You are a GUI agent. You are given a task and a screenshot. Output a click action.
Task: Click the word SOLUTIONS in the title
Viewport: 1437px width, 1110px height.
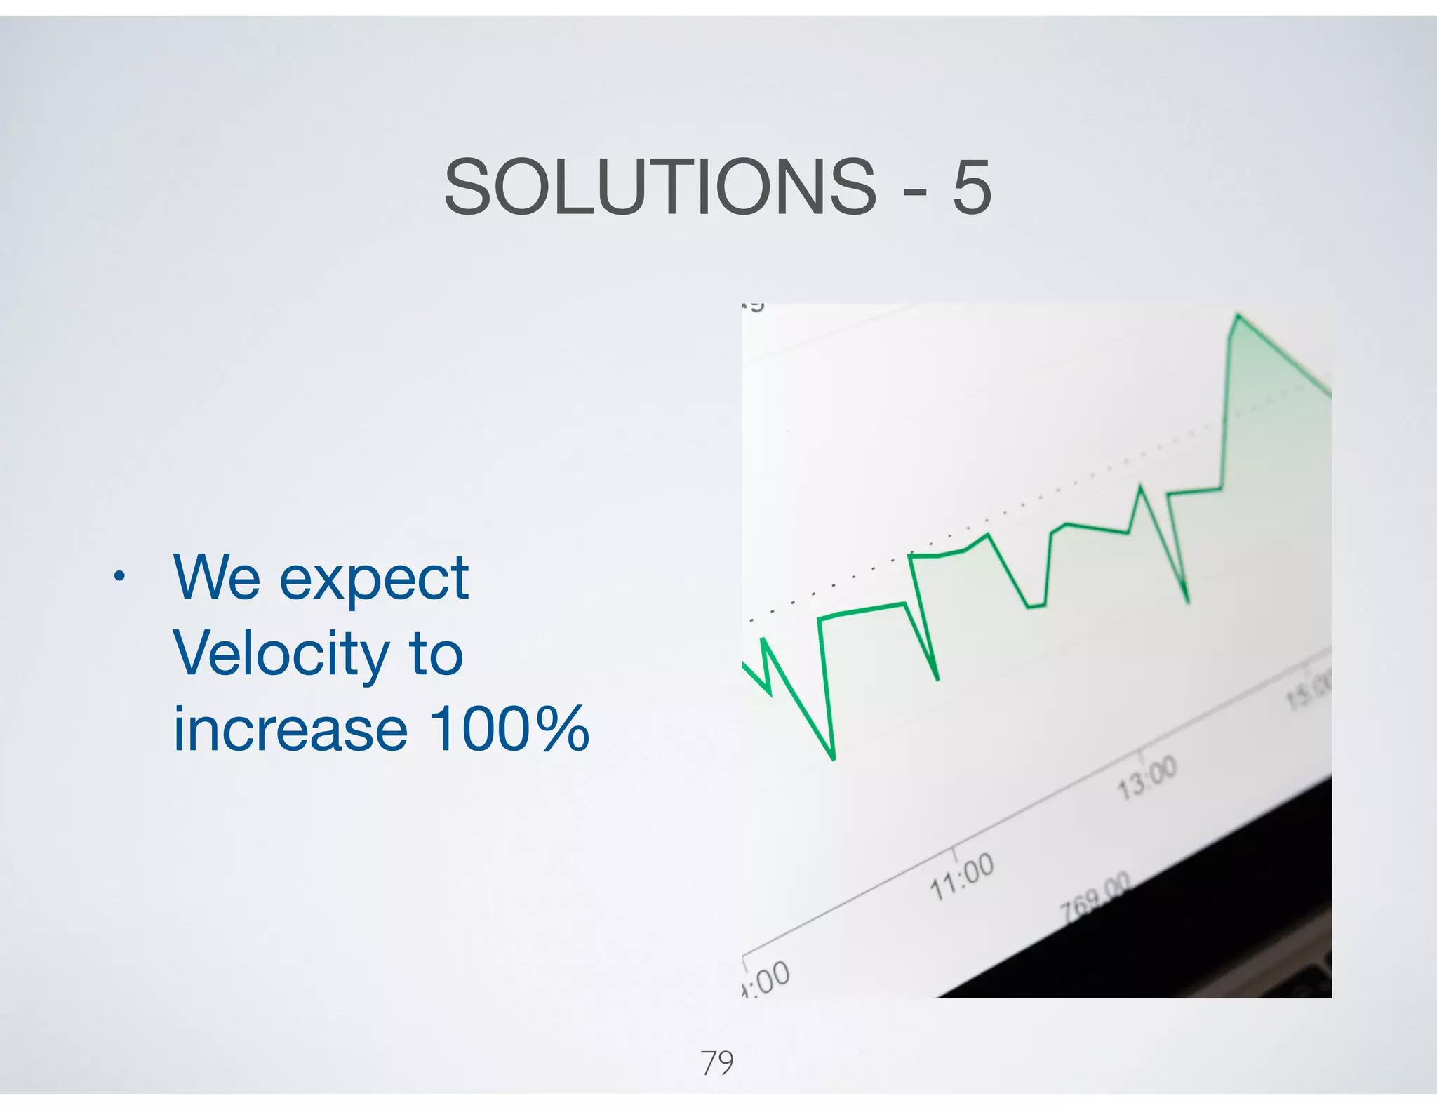click(x=660, y=187)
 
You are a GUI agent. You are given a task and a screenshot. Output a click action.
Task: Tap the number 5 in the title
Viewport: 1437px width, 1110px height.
click(x=971, y=187)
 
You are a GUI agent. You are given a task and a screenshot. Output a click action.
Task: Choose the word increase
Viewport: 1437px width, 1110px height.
click(x=290, y=730)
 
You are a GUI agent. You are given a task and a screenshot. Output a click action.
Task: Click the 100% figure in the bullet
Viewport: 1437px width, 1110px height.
click(x=509, y=730)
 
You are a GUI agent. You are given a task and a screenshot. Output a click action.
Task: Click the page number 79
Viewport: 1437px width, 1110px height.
click(x=717, y=1063)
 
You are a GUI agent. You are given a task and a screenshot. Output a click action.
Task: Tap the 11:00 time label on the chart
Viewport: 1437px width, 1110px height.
click(x=962, y=876)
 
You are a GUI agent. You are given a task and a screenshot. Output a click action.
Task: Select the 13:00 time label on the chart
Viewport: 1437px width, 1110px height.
click(x=1147, y=777)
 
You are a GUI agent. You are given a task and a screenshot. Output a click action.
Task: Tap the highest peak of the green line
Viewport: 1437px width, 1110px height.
click(x=1238, y=316)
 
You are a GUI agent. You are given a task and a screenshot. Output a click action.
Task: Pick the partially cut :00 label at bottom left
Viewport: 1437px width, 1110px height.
click(x=767, y=979)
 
